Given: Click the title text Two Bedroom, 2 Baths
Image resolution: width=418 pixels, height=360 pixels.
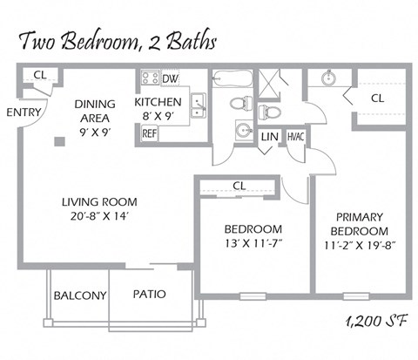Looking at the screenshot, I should (x=118, y=40).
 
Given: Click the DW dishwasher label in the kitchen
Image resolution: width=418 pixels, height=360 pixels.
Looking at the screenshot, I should (x=171, y=78).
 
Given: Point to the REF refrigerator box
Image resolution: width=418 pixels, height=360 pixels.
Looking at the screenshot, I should (x=150, y=133).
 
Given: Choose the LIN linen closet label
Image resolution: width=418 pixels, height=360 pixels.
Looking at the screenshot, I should (x=269, y=137).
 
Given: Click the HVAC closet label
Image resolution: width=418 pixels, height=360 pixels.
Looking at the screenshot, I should (x=295, y=137).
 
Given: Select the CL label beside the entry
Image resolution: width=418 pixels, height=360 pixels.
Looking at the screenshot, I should (x=39, y=75).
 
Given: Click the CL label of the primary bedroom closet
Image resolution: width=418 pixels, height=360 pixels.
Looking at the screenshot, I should (x=377, y=98).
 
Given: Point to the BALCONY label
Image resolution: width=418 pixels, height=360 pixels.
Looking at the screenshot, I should (x=80, y=295).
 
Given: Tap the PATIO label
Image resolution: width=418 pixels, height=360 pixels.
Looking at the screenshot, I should (x=149, y=295).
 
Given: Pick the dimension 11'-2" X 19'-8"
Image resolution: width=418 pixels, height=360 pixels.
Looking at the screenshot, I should (x=361, y=245).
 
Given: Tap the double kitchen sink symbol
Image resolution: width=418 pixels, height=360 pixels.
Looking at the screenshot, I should (x=199, y=105).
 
